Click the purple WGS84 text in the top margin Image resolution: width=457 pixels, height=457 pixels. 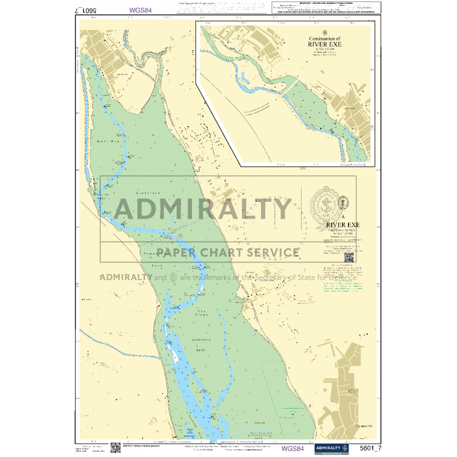point(142,10)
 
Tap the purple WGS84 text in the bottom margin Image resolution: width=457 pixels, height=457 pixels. point(292,449)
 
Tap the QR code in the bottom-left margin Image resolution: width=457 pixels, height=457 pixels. point(115,448)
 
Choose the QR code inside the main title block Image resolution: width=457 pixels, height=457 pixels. point(349,256)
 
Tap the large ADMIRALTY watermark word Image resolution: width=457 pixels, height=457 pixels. point(204,209)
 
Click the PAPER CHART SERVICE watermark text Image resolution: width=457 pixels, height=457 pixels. point(228,253)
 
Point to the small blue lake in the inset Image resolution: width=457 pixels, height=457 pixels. point(244,79)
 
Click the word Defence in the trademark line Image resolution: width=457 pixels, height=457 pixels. point(338,277)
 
